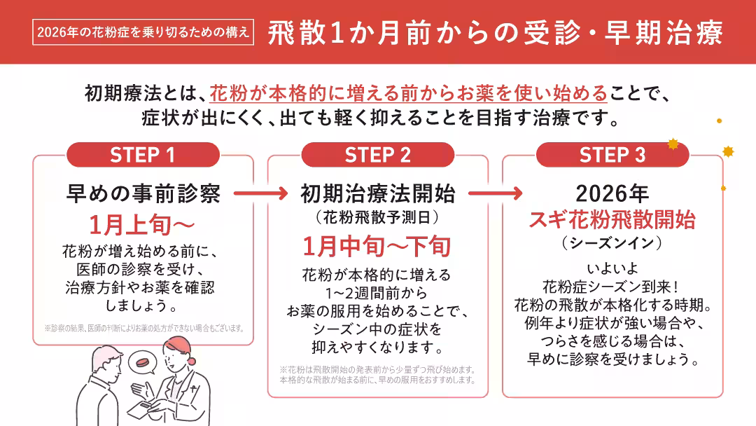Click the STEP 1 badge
pos(143,155)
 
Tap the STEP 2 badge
pos(377,155)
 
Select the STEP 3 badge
pos(612,155)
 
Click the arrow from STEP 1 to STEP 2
pos(260,192)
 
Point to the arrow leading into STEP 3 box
pos(495,192)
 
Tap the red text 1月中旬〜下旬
pos(377,246)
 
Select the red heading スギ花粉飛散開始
pos(612,219)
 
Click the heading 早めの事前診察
pos(143,193)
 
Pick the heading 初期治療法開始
pos(377,193)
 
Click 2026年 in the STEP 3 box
pos(612,193)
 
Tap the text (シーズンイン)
pos(612,243)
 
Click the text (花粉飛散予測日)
pos(377,217)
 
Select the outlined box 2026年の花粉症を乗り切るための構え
pos(143,32)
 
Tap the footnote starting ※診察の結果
pos(143,327)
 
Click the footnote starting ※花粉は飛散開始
pos(378,375)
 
